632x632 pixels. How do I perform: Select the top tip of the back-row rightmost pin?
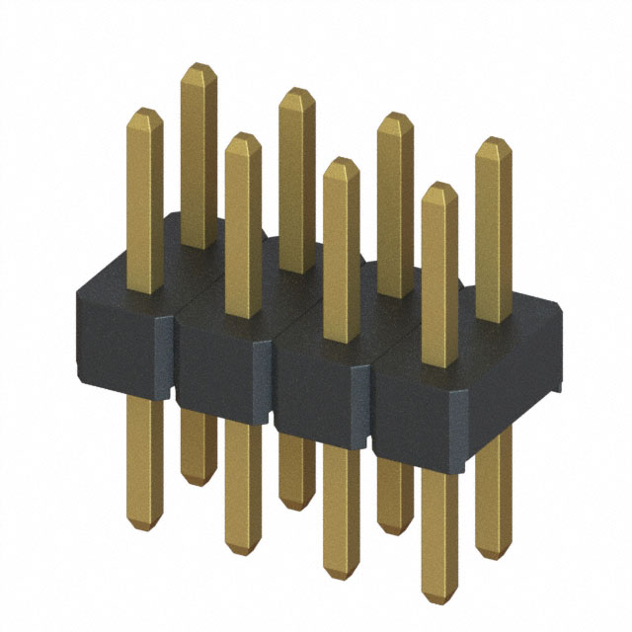click(494, 142)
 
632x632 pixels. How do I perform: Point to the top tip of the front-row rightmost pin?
click(439, 188)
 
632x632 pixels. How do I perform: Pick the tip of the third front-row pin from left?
click(341, 162)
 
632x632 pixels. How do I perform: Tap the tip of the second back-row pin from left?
click(296, 92)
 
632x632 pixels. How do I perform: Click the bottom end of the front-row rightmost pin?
click(439, 598)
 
